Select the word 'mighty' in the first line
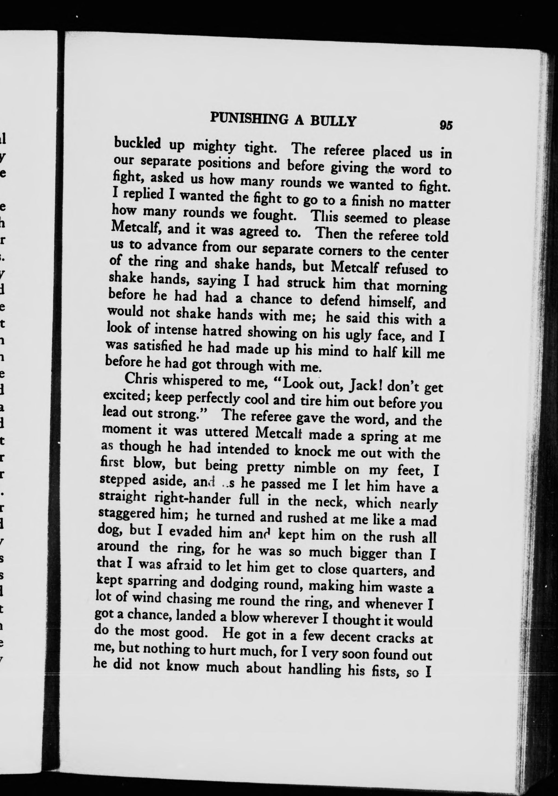[x=215, y=147]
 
